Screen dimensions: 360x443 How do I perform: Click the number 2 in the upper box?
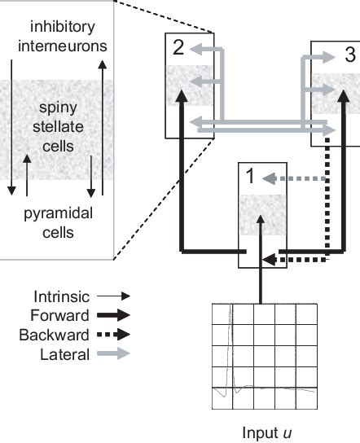point(178,47)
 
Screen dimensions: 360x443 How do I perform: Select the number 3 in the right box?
point(350,55)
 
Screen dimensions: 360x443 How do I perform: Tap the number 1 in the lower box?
point(251,176)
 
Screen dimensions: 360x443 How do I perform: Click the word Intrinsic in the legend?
point(62,296)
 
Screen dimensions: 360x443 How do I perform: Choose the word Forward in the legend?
point(59,315)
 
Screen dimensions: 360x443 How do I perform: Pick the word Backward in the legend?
point(54,335)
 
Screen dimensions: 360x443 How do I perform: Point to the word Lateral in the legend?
point(64,354)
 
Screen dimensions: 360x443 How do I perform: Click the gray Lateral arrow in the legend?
point(113,353)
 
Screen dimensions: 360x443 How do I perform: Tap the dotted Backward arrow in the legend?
point(113,335)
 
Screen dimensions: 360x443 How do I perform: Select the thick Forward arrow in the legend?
point(113,315)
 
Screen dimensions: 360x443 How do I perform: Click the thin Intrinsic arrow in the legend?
point(113,296)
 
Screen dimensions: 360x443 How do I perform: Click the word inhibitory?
point(63,27)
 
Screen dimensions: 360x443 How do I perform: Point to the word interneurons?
point(63,46)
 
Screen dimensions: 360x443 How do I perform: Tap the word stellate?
point(58,126)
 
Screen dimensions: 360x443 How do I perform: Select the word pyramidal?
point(58,214)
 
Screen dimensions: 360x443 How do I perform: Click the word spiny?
point(58,108)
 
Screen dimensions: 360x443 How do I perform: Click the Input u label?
point(267,432)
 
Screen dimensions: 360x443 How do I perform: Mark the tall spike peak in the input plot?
point(230,305)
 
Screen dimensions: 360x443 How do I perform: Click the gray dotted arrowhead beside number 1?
point(269,179)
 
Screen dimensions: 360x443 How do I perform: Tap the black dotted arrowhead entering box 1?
point(269,260)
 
